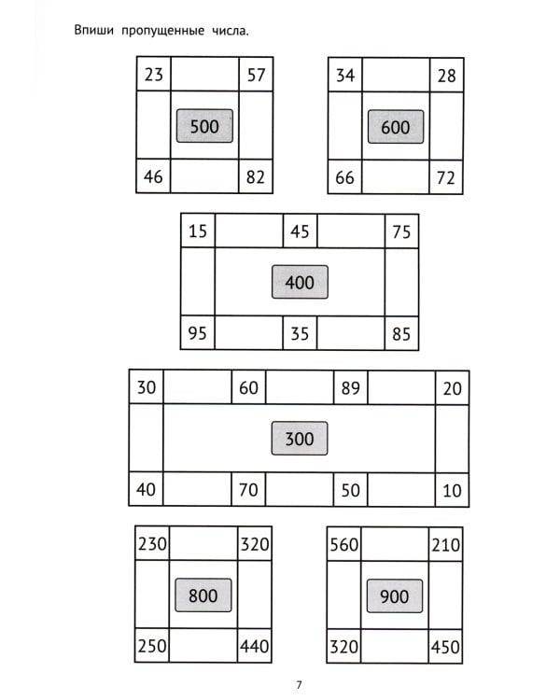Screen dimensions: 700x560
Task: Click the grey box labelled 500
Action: point(204,126)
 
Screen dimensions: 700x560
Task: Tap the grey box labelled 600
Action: point(396,126)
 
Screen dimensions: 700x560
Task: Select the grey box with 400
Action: point(300,282)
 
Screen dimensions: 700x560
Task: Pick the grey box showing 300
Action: point(299,439)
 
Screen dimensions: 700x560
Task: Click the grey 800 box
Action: point(203,595)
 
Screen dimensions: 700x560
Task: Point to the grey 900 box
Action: point(395,595)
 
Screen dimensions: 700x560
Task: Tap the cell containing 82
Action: point(256,175)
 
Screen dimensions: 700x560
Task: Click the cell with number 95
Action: point(198,333)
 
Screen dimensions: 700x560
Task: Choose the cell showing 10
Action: point(452,489)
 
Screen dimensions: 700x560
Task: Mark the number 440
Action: point(255,645)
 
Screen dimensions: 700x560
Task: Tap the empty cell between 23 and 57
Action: point(204,75)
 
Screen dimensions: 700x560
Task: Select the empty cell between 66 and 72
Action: point(396,176)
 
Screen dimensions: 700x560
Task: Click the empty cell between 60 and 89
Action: point(299,387)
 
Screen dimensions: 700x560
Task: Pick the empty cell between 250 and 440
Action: point(203,645)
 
